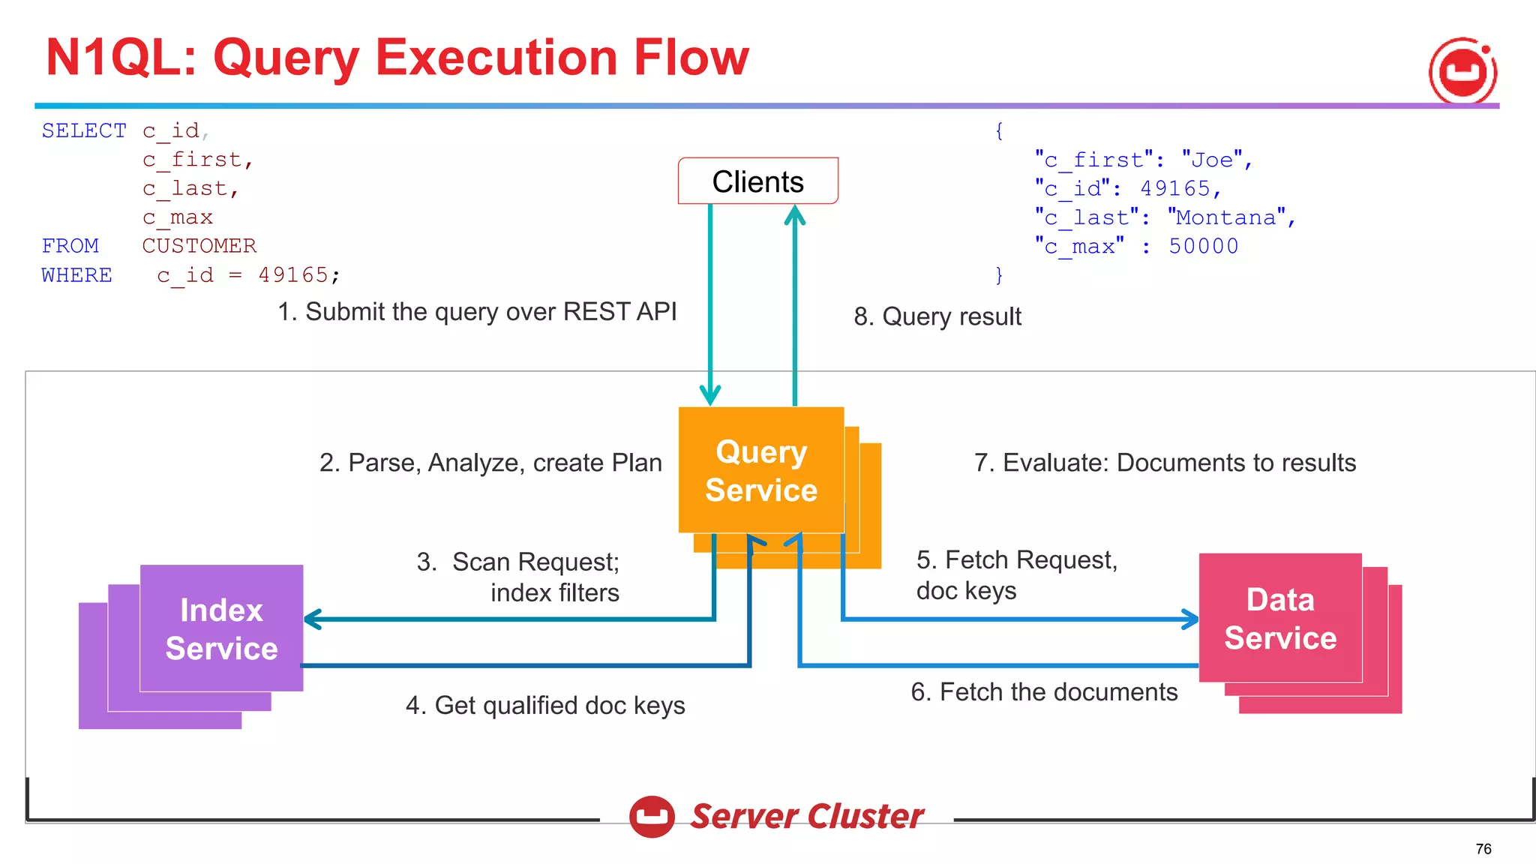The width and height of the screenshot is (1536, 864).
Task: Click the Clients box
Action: tap(757, 181)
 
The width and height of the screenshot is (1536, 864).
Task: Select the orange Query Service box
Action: tap(760, 470)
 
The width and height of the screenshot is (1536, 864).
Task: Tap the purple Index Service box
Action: tap(221, 628)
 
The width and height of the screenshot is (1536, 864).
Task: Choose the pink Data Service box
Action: tap(1279, 618)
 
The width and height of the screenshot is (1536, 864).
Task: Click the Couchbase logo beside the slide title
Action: tap(1462, 71)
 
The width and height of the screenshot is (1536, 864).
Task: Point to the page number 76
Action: tap(1483, 848)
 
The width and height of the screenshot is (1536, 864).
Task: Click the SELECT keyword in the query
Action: tap(84, 130)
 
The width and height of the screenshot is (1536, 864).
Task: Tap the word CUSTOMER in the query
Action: tap(199, 246)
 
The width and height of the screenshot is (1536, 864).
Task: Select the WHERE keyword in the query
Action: tap(76, 275)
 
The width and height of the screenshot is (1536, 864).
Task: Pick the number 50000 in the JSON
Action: tap(1203, 246)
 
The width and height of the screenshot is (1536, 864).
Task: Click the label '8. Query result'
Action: tap(937, 316)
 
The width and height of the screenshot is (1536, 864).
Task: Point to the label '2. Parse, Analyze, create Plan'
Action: tap(490, 463)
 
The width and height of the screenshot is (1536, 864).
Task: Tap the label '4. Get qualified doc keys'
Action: tap(545, 705)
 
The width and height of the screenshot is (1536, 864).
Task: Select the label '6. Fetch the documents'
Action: tap(1044, 691)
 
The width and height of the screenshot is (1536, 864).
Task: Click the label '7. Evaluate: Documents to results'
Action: tap(1165, 463)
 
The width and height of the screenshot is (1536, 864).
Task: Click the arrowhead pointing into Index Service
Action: tap(312, 619)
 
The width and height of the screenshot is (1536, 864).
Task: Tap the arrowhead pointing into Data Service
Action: tap(1190, 619)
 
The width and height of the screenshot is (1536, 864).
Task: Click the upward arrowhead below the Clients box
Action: tap(794, 215)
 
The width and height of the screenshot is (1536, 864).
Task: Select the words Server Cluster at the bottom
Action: tap(806, 816)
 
